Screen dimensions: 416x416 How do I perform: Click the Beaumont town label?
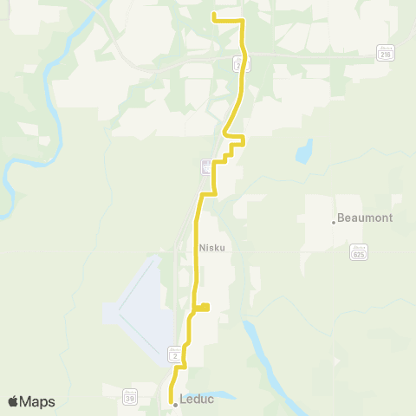364,218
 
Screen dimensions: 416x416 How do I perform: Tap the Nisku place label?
212,246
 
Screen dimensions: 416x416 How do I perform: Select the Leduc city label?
196,400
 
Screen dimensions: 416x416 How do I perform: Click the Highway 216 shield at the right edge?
386,53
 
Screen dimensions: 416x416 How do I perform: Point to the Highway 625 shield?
358,253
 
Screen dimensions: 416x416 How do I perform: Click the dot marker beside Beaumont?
334,222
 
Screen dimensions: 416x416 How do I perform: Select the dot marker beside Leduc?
174,404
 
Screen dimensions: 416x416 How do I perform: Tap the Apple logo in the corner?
14,401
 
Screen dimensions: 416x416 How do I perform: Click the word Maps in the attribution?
37,401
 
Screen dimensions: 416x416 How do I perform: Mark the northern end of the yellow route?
214,14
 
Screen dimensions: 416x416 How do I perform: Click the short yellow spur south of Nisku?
204,306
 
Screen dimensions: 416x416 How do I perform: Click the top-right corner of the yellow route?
242,20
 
